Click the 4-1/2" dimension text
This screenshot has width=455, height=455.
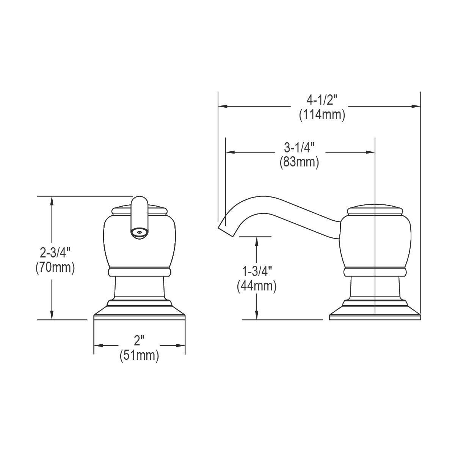tap(322, 100)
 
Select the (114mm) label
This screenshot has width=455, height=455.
tap(322, 115)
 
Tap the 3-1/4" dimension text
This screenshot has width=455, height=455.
tap(300, 147)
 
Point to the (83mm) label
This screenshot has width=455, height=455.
tap(300, 162)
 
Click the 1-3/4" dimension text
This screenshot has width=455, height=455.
tap(257, 271)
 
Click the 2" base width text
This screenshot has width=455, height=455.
tap(139, 341)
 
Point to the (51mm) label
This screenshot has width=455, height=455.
tap(139, 356)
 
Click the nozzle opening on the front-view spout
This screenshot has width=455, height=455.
tap(139, 232)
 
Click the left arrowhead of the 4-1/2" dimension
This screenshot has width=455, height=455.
tap(222, 107)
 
